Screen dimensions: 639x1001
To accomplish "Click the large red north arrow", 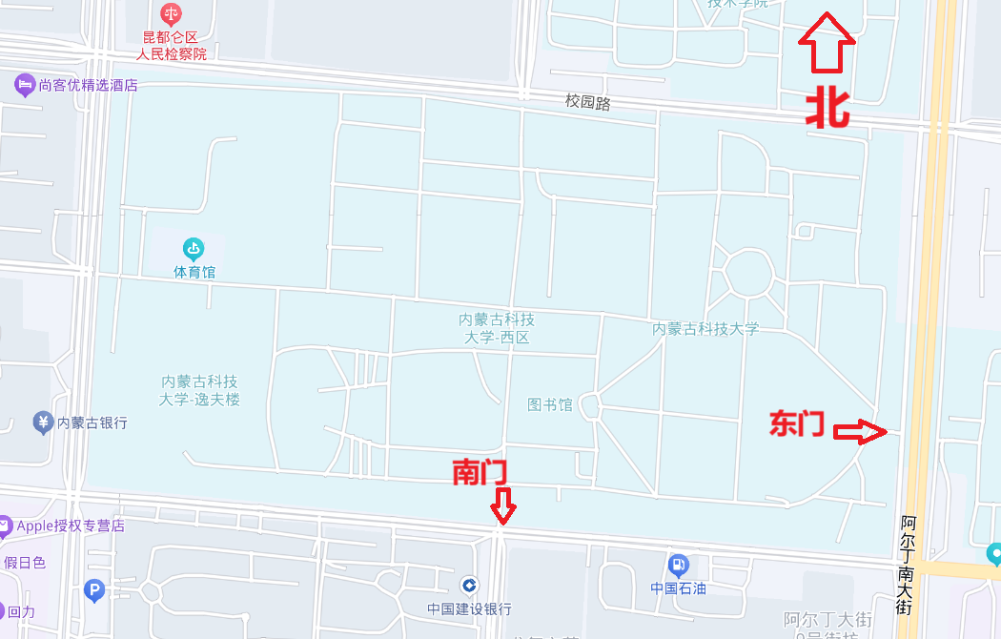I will coord(827,42).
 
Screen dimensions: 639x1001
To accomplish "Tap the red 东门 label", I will coord(797,423).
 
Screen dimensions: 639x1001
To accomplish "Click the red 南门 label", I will coord(479,471).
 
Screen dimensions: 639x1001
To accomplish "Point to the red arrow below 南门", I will coord(503,505).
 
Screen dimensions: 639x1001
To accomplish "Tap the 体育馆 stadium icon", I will coord(194,250).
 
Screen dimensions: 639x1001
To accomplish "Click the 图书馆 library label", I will coord(550,404).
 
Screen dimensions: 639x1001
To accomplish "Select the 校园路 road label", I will coord(587,102).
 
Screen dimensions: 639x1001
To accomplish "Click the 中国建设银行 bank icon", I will coord(469,585).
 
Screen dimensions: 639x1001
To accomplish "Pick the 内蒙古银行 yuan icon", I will coord(42,422).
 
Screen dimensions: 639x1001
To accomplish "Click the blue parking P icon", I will coord(93,591).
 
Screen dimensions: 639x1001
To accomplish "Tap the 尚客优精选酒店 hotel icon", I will coord(25,85).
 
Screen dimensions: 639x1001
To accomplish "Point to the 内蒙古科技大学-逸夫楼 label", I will coord(200,390).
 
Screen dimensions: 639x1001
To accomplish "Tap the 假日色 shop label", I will coord(26,563).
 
